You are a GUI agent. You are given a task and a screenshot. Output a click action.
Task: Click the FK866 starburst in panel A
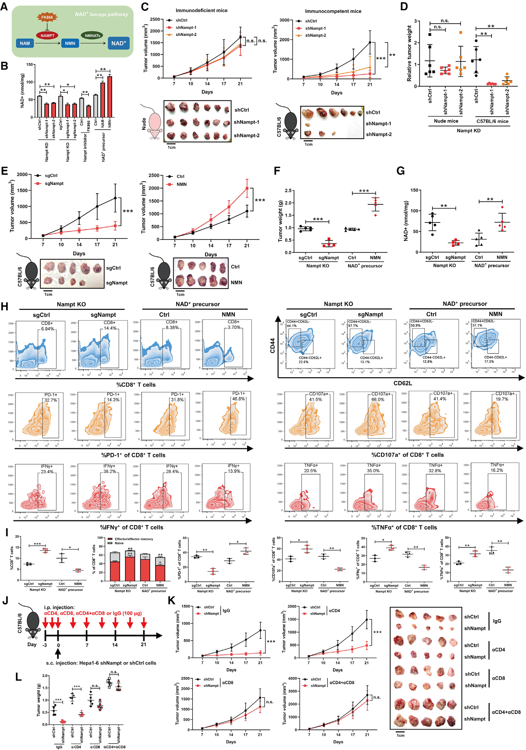pyautogui.click(x=47, y=17)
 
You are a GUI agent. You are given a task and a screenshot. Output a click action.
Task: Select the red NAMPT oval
pyautogui.click(x=47, y=35)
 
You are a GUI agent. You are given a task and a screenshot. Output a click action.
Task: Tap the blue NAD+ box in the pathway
pyautogui.click(x=119, y=43)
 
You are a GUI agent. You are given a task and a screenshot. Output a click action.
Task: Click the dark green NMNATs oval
pyautogui.click(x=92, y=35)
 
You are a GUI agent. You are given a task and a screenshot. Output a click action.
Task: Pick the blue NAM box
pyautogui.click(x=25, y=43)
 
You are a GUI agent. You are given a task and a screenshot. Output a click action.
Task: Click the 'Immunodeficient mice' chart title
pyautogui.click(x=201, y=11)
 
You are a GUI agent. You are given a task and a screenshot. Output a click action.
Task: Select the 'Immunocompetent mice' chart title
pyautogui.click(x=333, y=11)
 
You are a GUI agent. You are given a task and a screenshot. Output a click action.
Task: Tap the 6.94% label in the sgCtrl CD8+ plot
pyautogui.click(x=48, y=328)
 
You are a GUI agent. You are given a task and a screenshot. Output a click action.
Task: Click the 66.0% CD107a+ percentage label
pyautogui.click(x=378, y=400)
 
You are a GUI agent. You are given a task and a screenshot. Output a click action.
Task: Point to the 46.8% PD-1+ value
pyautogui.click(x=238, y=399)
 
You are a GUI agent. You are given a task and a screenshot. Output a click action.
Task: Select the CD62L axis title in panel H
pyautogui.click(x=403, y=383)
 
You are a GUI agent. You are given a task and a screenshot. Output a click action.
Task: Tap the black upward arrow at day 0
pyautogui.click(x=58, y=653)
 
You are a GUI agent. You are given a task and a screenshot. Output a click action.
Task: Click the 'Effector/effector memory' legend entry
pyautogui.click(x=134, y=539)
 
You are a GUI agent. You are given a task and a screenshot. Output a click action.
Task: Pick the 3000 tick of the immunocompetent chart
pyautogui.click(x=284, y=20)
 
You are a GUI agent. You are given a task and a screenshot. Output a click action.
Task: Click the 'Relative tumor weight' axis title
pyautogui.click(x=409, y=54)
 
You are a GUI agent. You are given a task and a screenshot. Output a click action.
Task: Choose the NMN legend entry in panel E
pyautogui.click(x=181, y=184)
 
